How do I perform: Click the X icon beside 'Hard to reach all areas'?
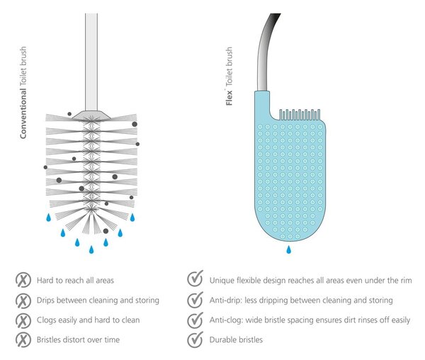click(x=23, y=280)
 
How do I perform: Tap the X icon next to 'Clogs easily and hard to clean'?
click(x=23, y=320)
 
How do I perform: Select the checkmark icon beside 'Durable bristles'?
click(x=195, y=339)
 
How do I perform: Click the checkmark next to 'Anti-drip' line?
click(x=195, y=300)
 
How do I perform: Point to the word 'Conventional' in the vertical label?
click(x=23, y=113)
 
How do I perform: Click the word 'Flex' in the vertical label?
click(x=229, y=98)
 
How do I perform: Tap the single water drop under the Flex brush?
click(x=289, y=249)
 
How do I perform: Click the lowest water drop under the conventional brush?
click(x=91, y=249)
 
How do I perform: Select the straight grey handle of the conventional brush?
click(x=91, y=62)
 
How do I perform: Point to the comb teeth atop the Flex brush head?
click(x=300, y=115)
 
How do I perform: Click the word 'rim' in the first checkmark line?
click(x=406, y=281)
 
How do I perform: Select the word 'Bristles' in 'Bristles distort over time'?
click(x=48, y=339)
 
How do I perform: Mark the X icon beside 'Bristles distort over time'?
click(x=23, y=339)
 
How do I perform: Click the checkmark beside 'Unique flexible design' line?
click(x=195, y=279)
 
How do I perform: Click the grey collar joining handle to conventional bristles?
click(x=91, y=114)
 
